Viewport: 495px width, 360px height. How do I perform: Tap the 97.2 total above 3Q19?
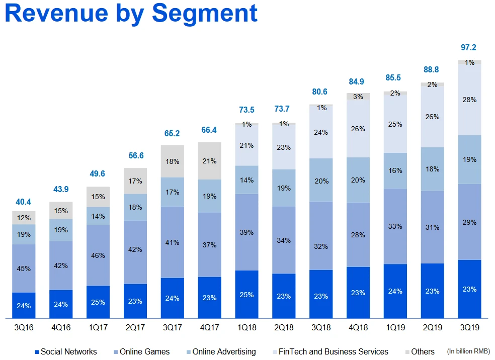(469, 48)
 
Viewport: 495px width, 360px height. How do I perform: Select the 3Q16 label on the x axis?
(24, 327)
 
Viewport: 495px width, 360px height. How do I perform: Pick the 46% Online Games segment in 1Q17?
(98, 255)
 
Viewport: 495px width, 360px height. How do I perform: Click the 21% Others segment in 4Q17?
(210, 161)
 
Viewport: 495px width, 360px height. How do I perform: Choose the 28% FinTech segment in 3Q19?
(469, 100)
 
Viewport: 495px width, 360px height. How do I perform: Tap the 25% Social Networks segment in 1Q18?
(246, 294)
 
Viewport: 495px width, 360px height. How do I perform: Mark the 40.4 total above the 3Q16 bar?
(24, 202)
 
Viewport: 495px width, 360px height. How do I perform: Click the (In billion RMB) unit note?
(468, 351)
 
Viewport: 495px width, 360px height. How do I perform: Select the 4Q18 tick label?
(358, 327)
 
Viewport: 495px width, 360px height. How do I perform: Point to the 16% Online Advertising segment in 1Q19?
(395, 170)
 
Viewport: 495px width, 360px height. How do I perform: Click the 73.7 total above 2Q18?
(284, 110)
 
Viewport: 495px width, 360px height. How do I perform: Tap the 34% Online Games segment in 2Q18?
(284, 240)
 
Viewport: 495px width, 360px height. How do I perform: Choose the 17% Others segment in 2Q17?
(135, 181)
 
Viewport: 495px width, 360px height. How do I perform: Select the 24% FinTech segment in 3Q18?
(321, 133)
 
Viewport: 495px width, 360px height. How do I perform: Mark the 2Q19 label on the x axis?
(432, 327)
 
